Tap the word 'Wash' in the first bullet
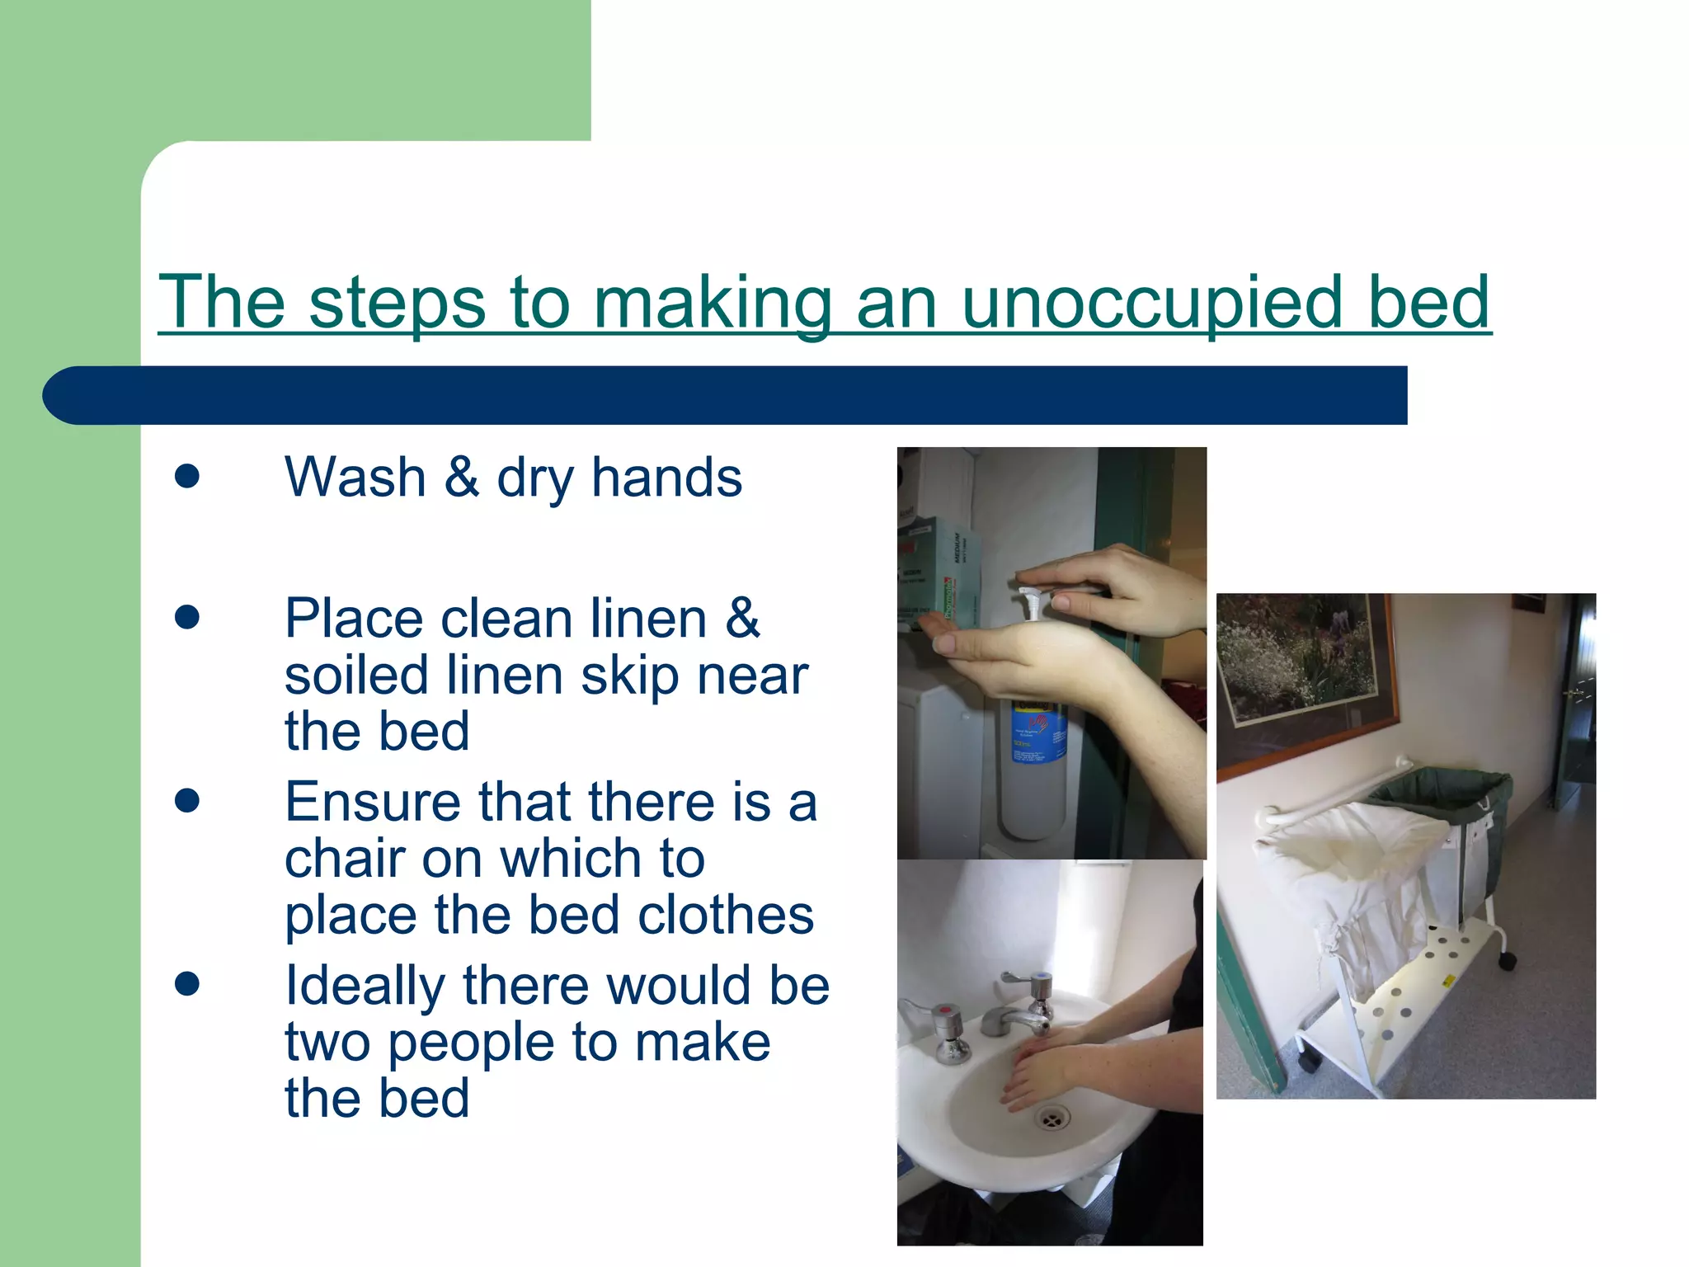click(x=355, y=478)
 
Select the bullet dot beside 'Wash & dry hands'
click(x=187, y=476)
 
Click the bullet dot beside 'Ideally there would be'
click(x=187, y=983)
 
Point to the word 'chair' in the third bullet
click(x=341, y=859)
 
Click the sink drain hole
click(x=1053, y=1119)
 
